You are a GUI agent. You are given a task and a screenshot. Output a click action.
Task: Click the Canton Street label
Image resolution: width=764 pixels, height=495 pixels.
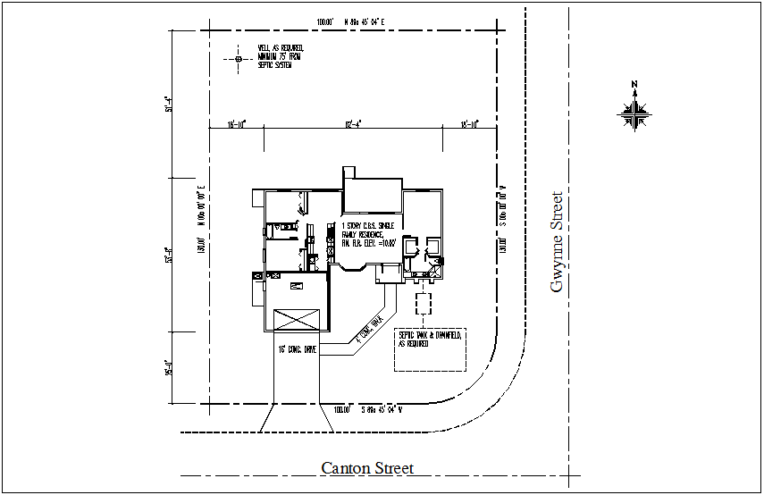[x=367, y=468]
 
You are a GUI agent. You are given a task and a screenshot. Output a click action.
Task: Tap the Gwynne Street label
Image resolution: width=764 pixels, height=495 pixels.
[x=558, y=242]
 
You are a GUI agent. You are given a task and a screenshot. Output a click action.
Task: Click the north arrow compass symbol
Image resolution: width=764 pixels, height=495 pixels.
[x=635, y=111]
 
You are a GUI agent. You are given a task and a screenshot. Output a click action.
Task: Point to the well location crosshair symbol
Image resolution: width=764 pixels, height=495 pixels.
[x=239, y=59]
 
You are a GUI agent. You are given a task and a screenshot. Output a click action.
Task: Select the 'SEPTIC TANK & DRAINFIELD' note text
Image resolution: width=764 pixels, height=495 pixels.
[x=430, y=338]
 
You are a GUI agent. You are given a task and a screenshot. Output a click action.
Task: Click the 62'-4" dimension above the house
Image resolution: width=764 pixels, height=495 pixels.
[x=353, y=124]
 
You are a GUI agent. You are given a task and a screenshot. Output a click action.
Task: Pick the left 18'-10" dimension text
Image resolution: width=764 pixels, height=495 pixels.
[x=236, y=124]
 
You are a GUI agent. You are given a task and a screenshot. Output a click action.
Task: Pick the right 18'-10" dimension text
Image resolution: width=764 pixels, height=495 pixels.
[x=470, y=124]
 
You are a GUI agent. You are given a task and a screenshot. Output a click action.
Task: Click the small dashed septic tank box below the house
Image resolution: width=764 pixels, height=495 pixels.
[x=423, y=301]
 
